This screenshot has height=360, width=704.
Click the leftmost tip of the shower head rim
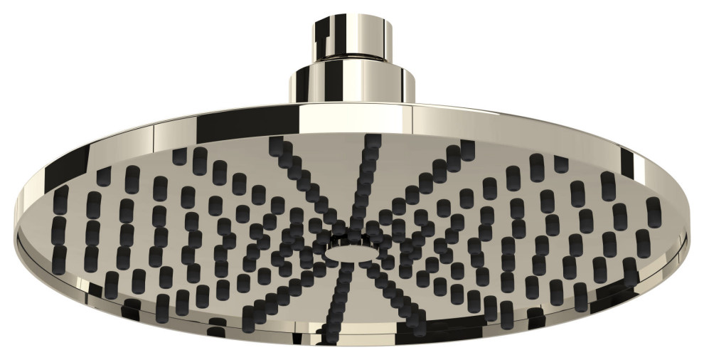click(16, 213)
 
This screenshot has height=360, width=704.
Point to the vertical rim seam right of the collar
click(413, 117)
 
